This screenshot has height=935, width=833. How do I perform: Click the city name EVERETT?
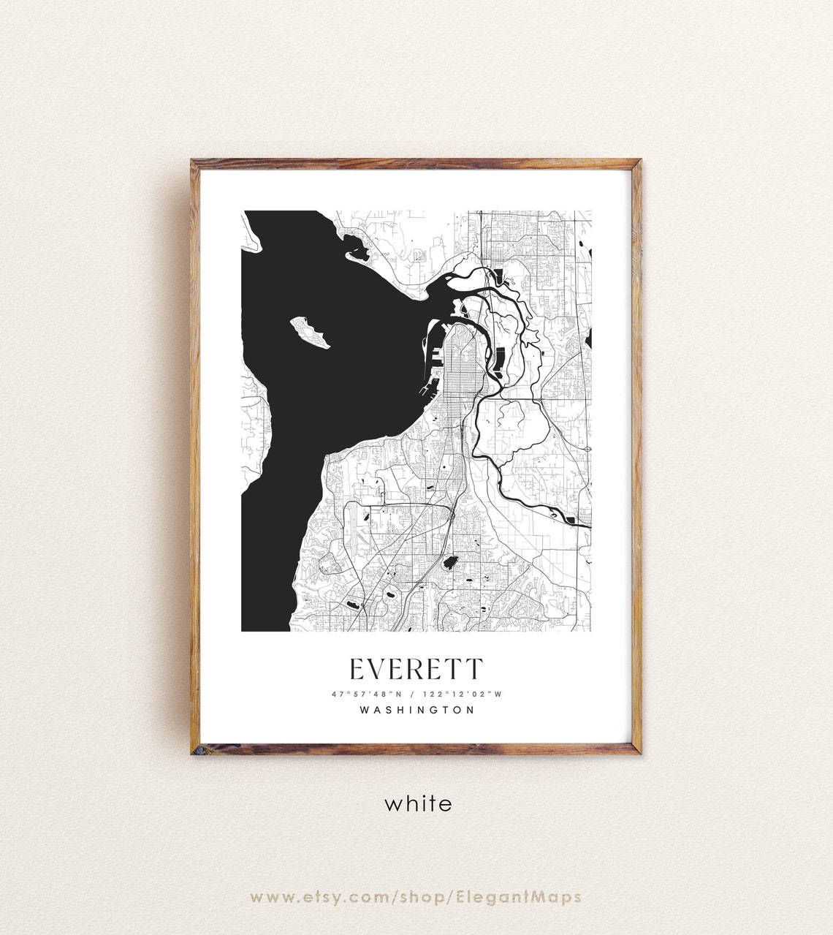point(416,669)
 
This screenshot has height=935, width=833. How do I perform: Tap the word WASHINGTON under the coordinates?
point(417,710)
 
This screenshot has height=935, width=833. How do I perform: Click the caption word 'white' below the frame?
point(418,804)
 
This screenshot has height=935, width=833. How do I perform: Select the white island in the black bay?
point(311,332)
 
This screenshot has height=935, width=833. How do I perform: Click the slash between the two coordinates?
point(415,693)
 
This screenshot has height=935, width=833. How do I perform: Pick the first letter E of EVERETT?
point(357,669)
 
